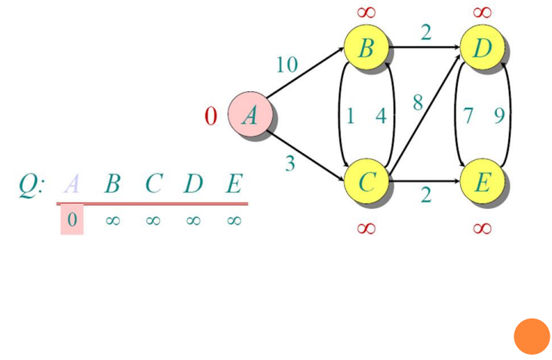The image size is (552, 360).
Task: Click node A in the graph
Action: tap(250, 116)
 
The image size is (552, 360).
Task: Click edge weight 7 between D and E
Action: tap(468, 116)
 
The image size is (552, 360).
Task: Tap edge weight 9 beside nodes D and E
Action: tap(498, 116)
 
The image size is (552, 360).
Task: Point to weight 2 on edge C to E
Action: tap(426, 196)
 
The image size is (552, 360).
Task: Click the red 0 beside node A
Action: tap(211, 116)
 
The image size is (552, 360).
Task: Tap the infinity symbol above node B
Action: tap(366, 12)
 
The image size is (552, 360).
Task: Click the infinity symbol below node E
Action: tap(483, 228)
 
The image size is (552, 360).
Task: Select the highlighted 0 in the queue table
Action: tap(72, 220)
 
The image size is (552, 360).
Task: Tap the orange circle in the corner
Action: tap(532, 337)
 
